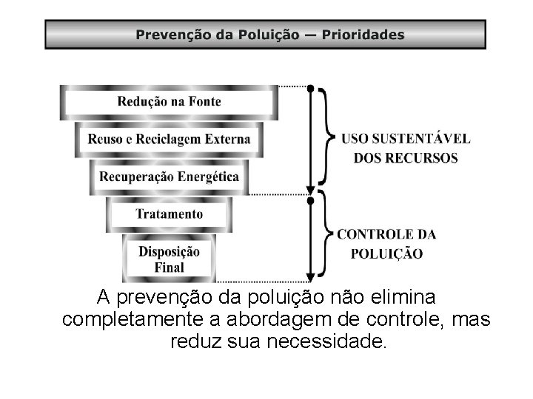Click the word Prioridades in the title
[363, 35]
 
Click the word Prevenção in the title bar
[169, 35]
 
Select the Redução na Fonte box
[169, 102]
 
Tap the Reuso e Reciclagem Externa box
[169, 139]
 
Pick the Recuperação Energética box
[169, 177]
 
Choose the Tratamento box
[169, 214]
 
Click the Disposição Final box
[169, 258]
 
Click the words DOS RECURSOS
[406, 157]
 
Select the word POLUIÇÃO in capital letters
[386, 254]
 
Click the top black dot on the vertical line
[311, 87]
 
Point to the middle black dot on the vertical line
[311, 198]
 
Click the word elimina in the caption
[399, 299]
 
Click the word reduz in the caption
[194, 344]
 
